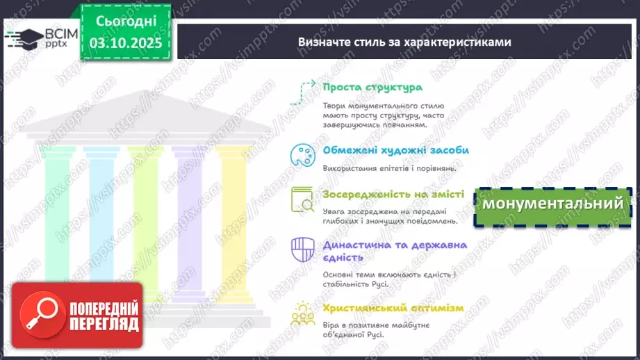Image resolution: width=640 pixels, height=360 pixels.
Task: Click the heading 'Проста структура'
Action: tap(372, 88)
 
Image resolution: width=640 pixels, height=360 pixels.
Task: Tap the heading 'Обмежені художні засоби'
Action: tap(395, 150)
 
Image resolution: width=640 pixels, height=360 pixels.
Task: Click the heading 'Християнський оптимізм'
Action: tap(393, 308)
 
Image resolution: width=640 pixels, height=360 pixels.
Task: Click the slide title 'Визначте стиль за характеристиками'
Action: tap(404, 42)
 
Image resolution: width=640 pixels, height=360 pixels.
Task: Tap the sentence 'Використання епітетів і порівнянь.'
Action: tap(389, 167)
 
